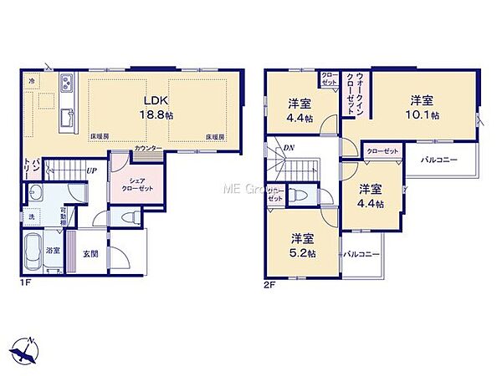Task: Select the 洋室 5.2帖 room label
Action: (302, 245)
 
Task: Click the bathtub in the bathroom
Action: (34, 250)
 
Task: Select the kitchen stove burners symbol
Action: (64, 83)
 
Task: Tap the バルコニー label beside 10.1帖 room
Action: (438, 159)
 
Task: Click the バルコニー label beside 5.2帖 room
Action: (361, 254)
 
